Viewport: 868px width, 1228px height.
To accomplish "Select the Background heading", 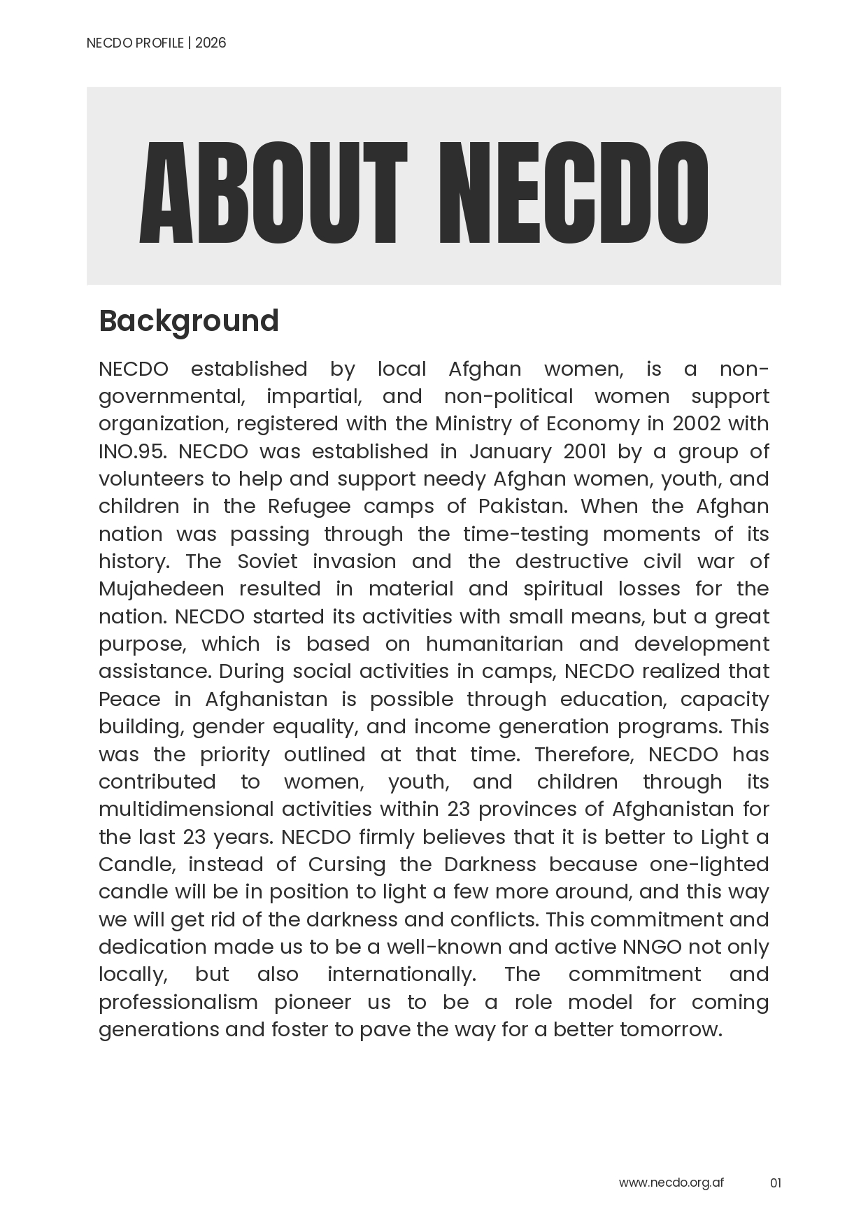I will [x=189, y=321].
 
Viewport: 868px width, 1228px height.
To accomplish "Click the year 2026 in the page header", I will [x=211, y=43].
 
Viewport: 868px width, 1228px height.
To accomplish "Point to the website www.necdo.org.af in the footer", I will [x=671, y=1183].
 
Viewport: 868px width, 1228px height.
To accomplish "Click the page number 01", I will [x=775, y=1183].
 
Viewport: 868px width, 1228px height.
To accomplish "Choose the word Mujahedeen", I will [x=161, y=588].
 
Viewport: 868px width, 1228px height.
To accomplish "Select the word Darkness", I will [x=490, y=864].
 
